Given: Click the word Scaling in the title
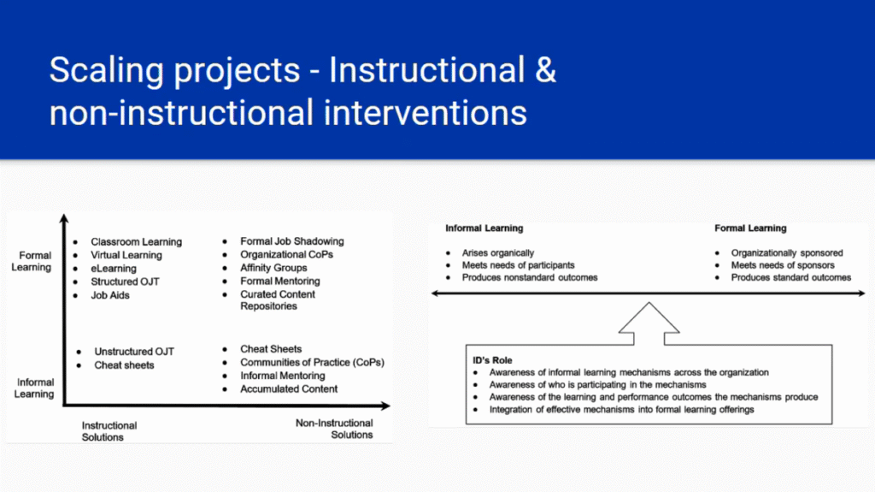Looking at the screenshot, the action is point(106,72).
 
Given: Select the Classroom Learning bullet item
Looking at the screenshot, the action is point(136,241).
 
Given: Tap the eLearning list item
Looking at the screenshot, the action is point(114,269).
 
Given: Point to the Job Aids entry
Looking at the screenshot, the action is point(110,295).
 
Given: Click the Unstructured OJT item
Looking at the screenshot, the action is point(134,352).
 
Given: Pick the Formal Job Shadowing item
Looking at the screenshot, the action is point(292,241).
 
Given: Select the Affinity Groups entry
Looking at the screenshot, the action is point(273,268).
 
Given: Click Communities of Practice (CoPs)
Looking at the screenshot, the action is point(312,362).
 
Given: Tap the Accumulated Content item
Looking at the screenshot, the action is point(289,389).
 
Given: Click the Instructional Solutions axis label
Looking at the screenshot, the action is point(109,431).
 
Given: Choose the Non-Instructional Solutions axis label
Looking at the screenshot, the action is point(334,429).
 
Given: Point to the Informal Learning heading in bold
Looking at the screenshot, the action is point(484,228).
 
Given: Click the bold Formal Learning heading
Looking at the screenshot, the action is point(750,228).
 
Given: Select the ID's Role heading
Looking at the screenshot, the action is point(492,360).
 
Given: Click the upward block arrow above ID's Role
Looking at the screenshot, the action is point(649,323).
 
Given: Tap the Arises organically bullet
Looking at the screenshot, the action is point(498,252).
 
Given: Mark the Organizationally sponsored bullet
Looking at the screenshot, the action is point(787,252).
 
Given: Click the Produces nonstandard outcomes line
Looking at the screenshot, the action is point(530,277).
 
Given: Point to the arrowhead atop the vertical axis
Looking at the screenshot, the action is point(64,218).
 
